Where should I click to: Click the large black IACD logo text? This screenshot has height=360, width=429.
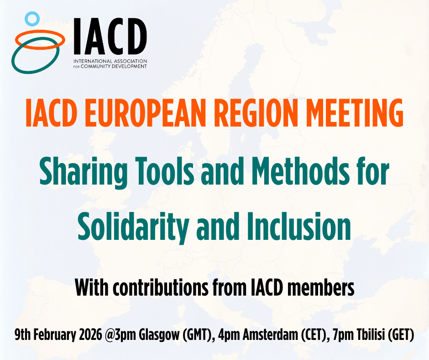(x=110, y=36)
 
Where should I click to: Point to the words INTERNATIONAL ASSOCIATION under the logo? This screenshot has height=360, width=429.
(x=110, y=61)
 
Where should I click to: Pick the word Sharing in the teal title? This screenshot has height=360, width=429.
(x=84, y=172)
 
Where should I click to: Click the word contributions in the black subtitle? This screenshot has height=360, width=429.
(x=160, y=287)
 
